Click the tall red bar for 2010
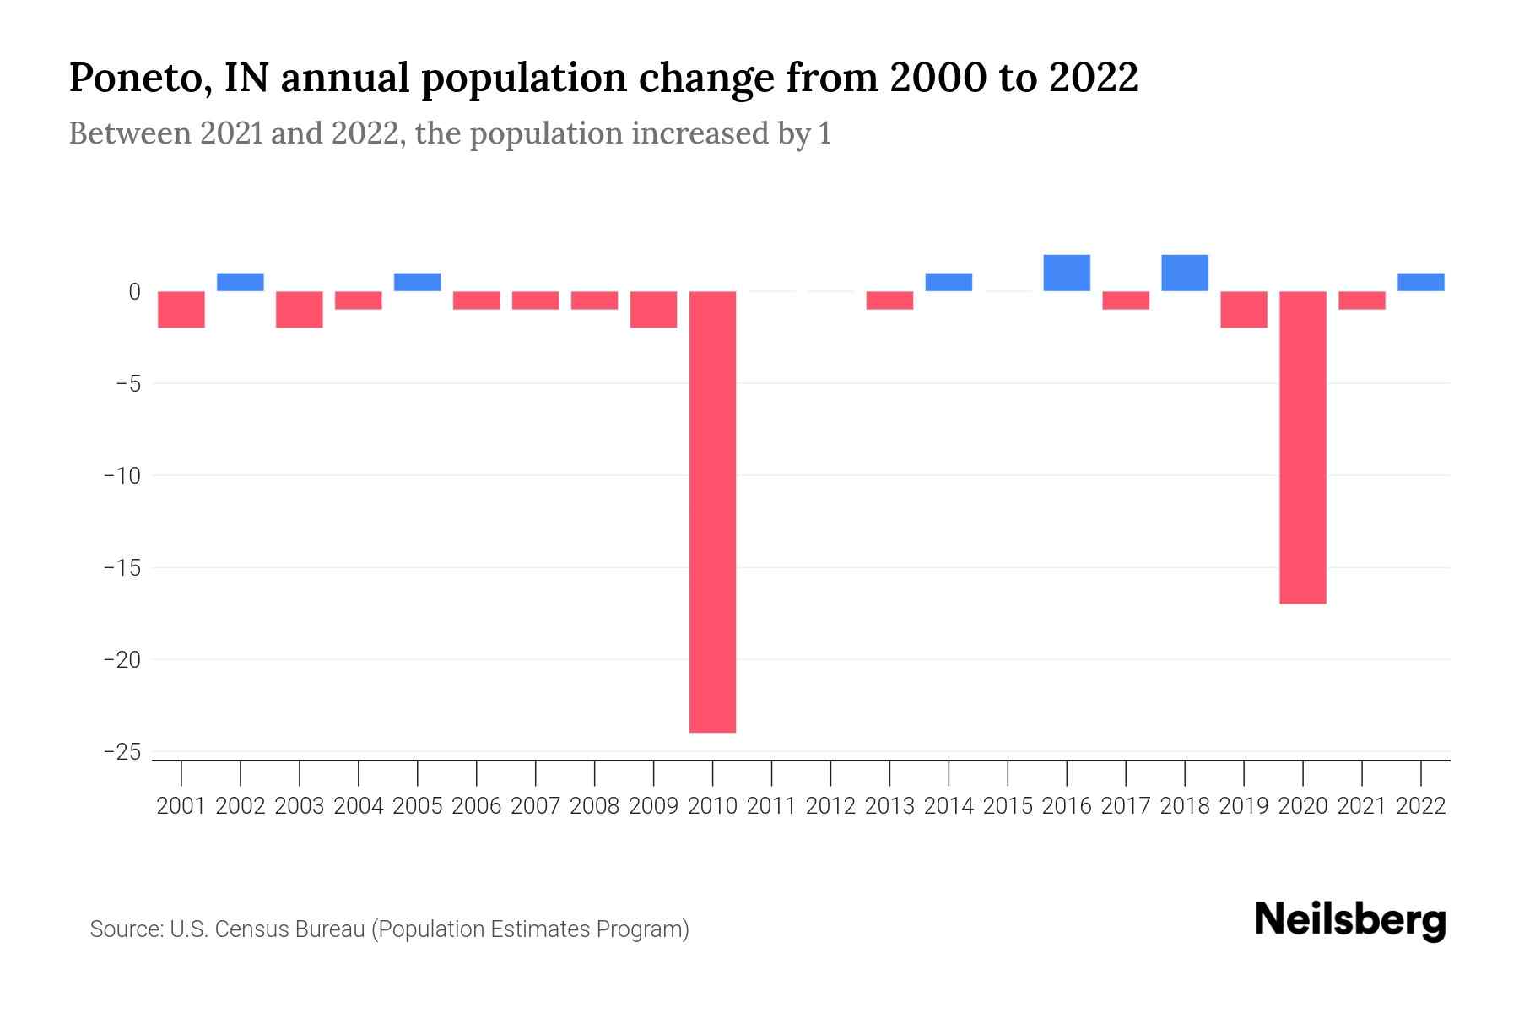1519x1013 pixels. coord(712,512)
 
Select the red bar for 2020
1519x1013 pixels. coord(1303,447)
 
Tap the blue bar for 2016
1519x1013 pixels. coord(1067,273)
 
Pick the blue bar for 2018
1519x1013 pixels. coord(1185,273)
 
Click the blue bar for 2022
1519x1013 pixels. coord(1421,282)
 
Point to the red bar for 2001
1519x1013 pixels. coord(181,309)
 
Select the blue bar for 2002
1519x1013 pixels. coord(241,282)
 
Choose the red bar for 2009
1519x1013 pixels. coord(653,309)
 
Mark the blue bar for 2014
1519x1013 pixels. coord(949,282)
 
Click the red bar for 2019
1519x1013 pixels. coord(1244,309)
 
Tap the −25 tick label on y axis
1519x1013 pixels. coord(122,751)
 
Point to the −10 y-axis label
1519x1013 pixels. coord(122,475)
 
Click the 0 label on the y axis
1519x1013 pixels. coord(134,292)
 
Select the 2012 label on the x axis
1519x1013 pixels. coord(830,806)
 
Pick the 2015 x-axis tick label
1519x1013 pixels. coord(1008,806)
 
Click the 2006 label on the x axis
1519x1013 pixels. coord(477,806)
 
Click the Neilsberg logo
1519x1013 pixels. coord(1350,920)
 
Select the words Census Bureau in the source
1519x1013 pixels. coord(289,929)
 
